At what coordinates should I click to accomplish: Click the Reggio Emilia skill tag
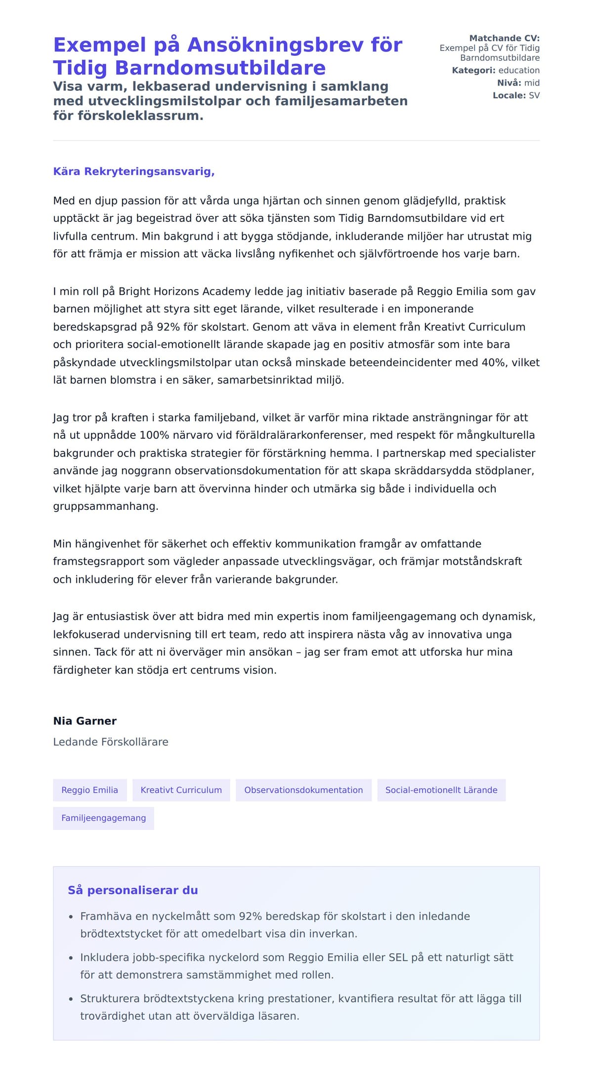[x=89, y=790]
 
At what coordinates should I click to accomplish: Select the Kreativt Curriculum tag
[x=181, y=790]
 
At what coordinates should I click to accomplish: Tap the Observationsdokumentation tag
[x=303, y=790]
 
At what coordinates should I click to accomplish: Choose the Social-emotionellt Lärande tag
[x=441, y=790]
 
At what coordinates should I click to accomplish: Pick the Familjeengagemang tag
[x=103, y=818]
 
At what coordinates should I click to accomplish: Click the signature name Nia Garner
[x=85, y=721]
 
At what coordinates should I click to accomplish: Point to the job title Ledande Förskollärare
[x=111, y=742]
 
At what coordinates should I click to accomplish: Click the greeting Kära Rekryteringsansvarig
[x=133, y=171]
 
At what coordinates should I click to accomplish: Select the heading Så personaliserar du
[x=132, y=890]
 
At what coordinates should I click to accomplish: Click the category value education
[x=519, y=70]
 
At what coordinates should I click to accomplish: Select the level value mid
[x=532, y=83]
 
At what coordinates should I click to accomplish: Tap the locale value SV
[x=534, y=95]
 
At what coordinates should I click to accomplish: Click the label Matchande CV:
[x=504, y=38]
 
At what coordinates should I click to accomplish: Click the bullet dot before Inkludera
[x=71, y=958]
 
